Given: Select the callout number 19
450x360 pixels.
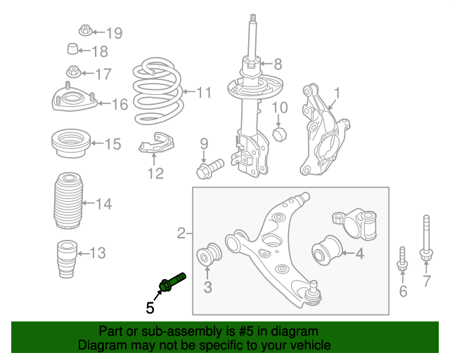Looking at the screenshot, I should point(114,32).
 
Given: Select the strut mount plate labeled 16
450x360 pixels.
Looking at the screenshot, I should point(73,103).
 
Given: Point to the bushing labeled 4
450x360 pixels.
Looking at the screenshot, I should point(326,251).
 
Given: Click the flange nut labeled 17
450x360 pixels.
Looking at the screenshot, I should point(73,72).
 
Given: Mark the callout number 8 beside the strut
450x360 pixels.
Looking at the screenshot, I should point(277,65).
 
